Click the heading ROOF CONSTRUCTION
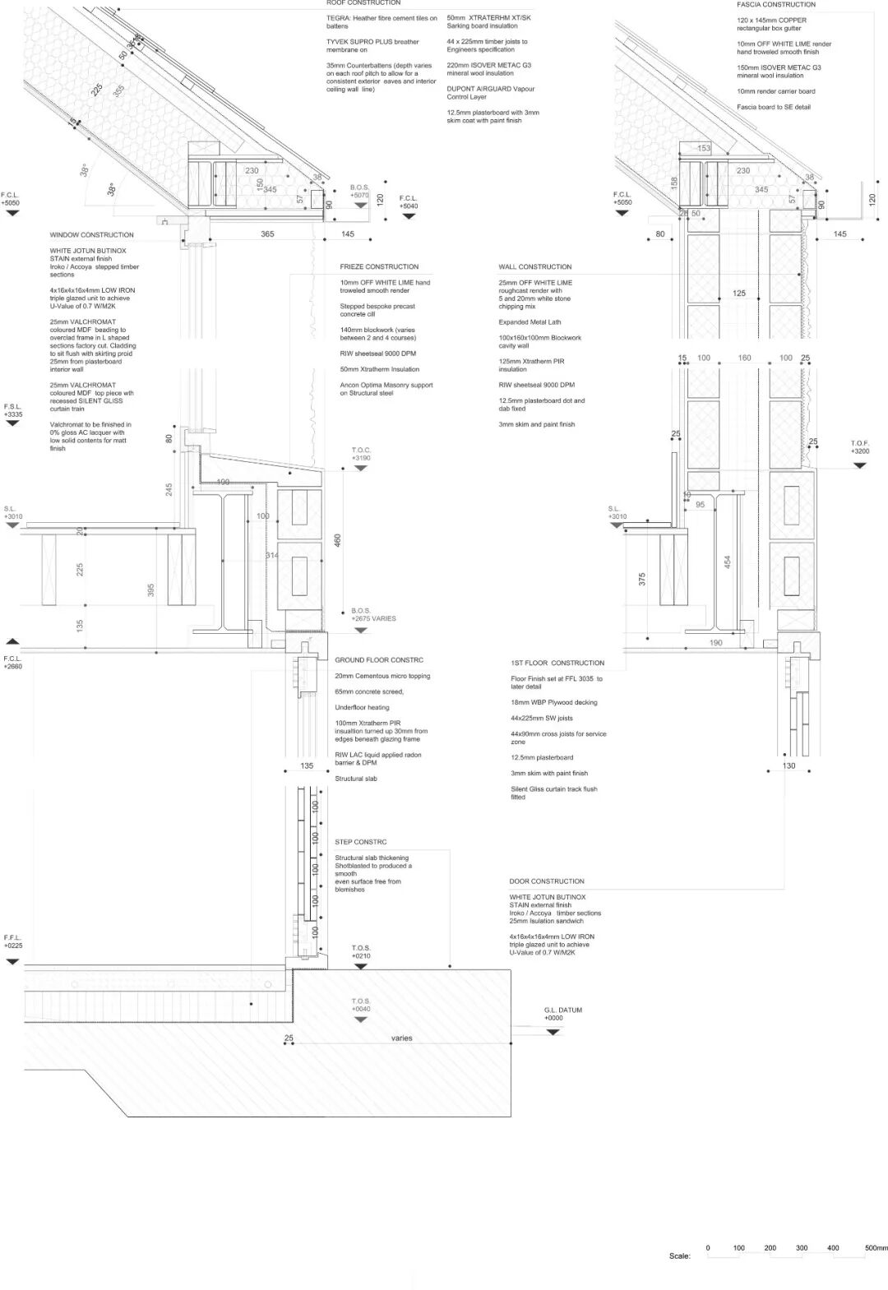(x=363, y=3)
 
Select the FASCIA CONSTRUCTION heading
(x=776, y=5)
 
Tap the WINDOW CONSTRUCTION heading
(x=91, y=235)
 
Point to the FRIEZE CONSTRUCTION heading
(x=379, y=267)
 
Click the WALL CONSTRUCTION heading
(x=534, y=267)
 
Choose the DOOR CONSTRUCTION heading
(x=547, y=881)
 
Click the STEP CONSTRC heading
(x=360, y=842)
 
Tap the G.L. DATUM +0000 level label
(x=562, y=1014)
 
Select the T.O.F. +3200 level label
(x=859, y=447)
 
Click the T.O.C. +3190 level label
(x=361, y=454)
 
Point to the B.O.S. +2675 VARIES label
(x=373, y=615)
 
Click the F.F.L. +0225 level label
(x=12, y=941)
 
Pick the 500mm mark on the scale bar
(x=876, y=1248)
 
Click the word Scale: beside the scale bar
(x=679, y=1256)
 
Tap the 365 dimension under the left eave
(x=267, y=234)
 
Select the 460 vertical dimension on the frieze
(x=337, y=540)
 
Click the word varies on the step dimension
(x=401, y=1038)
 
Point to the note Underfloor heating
(x=362, y=708)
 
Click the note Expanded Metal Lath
(x=530, y=322)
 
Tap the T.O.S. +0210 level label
(x=361, y=952)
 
